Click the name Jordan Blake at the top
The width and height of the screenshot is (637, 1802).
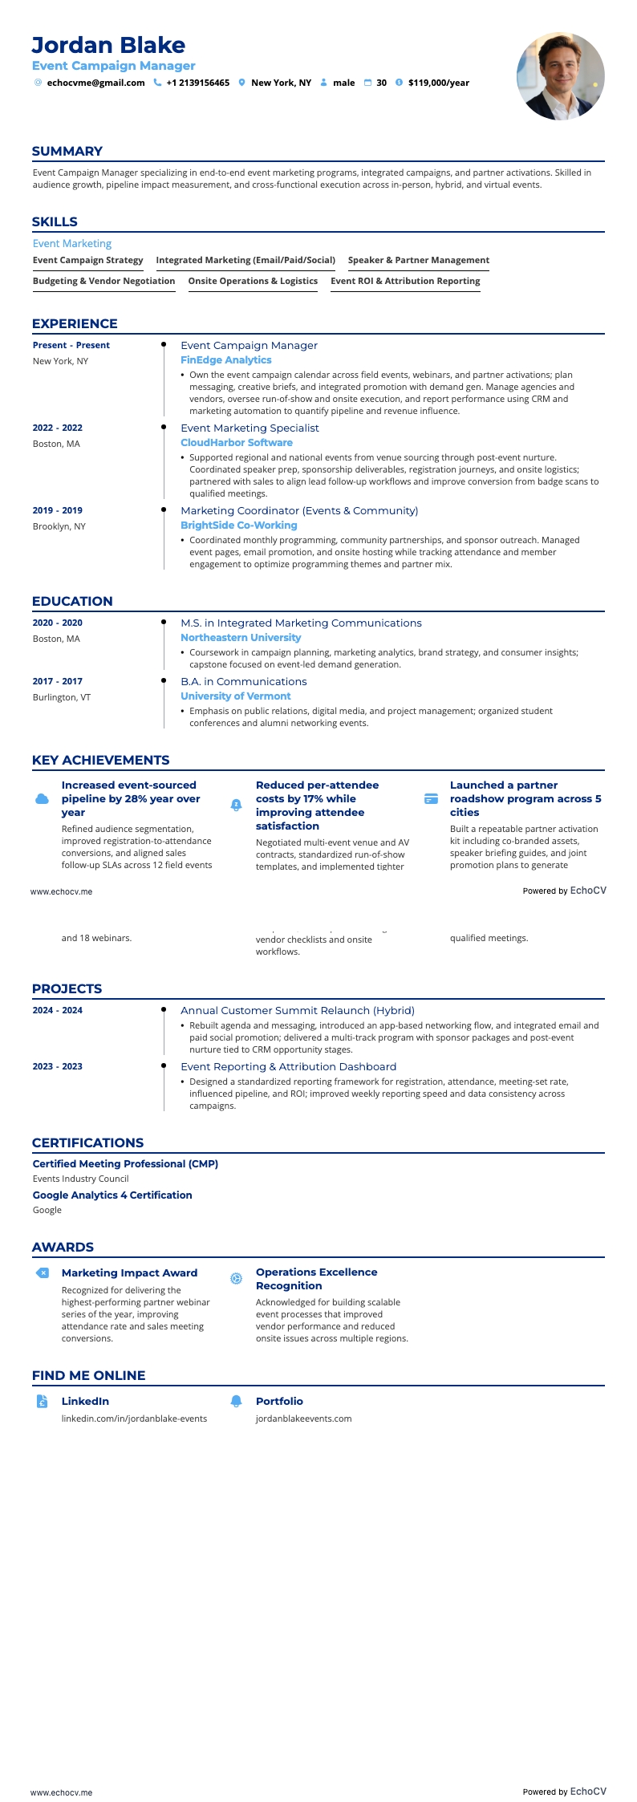point(108,45)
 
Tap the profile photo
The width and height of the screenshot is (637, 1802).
point(560,76)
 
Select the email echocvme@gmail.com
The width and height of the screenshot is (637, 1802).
point(95,83)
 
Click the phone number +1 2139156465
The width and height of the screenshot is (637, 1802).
point(197,83)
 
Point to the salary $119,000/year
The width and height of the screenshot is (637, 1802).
point(438,83)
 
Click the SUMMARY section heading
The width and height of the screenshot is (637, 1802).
point(67,151)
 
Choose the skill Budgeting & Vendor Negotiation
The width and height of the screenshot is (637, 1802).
point(103,281)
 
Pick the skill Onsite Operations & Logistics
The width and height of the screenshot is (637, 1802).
point(253,281)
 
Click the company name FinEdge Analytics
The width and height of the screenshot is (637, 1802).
point(225,360)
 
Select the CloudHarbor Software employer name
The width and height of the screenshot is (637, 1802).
point(236,443)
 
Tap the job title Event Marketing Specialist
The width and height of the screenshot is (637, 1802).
point(250,428)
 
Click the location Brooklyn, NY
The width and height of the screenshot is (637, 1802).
point(59,526)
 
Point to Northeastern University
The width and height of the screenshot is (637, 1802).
point(241,638)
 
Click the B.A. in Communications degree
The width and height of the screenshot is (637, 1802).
point(243,681)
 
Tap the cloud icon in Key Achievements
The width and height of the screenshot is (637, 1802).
point(43,799)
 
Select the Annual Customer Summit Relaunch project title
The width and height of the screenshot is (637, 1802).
point(297,1010)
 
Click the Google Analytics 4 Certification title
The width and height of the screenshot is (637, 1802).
point(112,1195)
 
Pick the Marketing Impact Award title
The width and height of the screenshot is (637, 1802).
point(129,1272)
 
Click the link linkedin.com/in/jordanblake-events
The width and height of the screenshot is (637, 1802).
point(134,1418)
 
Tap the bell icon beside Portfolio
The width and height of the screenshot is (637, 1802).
point(236,1401)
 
